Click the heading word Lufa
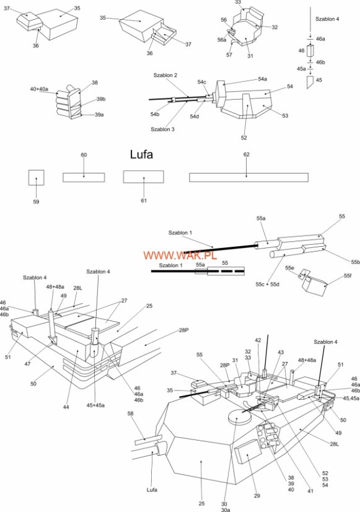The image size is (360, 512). pyautogui.click(x=141, y=154)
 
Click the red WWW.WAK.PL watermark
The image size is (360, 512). pyautogui.click(x=180, y=255)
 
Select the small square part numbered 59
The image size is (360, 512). pyautogui.click(x=36, y=178)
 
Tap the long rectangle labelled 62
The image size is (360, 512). pyautogui.click(x=248, y=177)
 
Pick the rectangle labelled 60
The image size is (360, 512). pyautogui.click(x=84, y=177)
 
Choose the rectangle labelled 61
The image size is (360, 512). pyautogui.click(x=144, y=177)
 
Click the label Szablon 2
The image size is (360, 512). pyautogui.click(x=165, y=75)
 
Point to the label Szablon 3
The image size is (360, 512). pyautogui.click(x=162, y=130)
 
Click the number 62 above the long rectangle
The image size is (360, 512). pyautogui.click(x=247, y=154)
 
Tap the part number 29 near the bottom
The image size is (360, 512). pyautogui.click(x=257, y=496)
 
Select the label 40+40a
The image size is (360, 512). pyautogui.click(x=39, y=89)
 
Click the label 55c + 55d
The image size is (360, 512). pyautogui.click(x=267, y=285)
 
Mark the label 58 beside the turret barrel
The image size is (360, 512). pyautogui.click(x=131, y=413)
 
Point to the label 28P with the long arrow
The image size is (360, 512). pyautogui.click(x=184, y=330)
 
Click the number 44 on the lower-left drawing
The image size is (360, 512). pyautogui.click(x=66, y=407)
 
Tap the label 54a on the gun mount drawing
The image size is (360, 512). pyautogui.click(x=263, y=79)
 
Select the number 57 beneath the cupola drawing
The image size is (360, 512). pyautogui.click(x=229, y=55)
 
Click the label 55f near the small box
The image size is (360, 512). pyautogui.click(x=348, y=276)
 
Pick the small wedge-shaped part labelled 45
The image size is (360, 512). pyautogui.click(x=310, y=82)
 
